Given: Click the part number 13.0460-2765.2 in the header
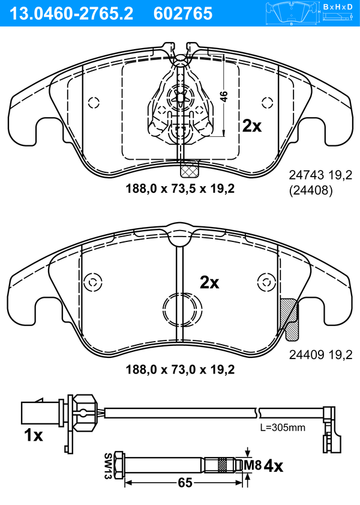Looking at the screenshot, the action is pos(71,14).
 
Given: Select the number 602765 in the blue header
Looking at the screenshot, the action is pos(183,14).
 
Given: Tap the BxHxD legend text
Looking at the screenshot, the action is pos(338,7).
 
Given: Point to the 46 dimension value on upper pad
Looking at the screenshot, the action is pos(224,97).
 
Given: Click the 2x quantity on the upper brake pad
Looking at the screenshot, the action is pos(252,126).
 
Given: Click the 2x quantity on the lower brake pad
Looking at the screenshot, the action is pos(209,282).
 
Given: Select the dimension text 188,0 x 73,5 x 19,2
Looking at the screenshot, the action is pos(180,189).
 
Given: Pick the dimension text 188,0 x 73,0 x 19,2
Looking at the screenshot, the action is pos(180,369).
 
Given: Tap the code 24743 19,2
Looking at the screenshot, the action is pos(320,175).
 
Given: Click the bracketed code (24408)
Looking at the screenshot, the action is pos(311,190).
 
